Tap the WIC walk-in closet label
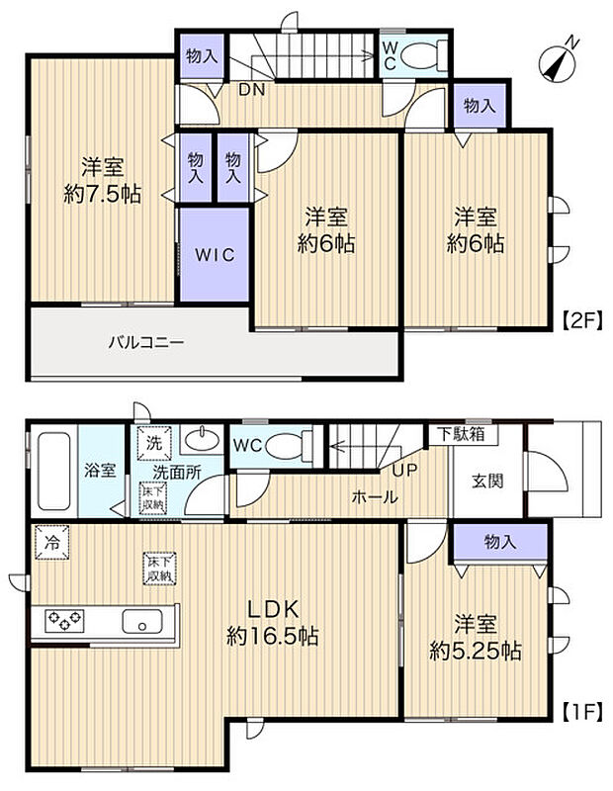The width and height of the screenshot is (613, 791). pos(214,254)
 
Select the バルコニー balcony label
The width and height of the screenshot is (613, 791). pos(145,344)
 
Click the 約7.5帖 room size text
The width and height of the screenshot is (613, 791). pos(102,195)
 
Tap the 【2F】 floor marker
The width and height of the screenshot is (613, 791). pos(582,319)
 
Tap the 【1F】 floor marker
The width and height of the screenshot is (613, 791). pos(582,709)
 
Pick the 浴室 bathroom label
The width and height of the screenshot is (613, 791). pos(100,471)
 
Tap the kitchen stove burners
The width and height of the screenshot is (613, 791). pos(62,621)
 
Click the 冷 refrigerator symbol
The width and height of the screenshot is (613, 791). pos(49,541)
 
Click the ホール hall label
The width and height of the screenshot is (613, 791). pos(375,496)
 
